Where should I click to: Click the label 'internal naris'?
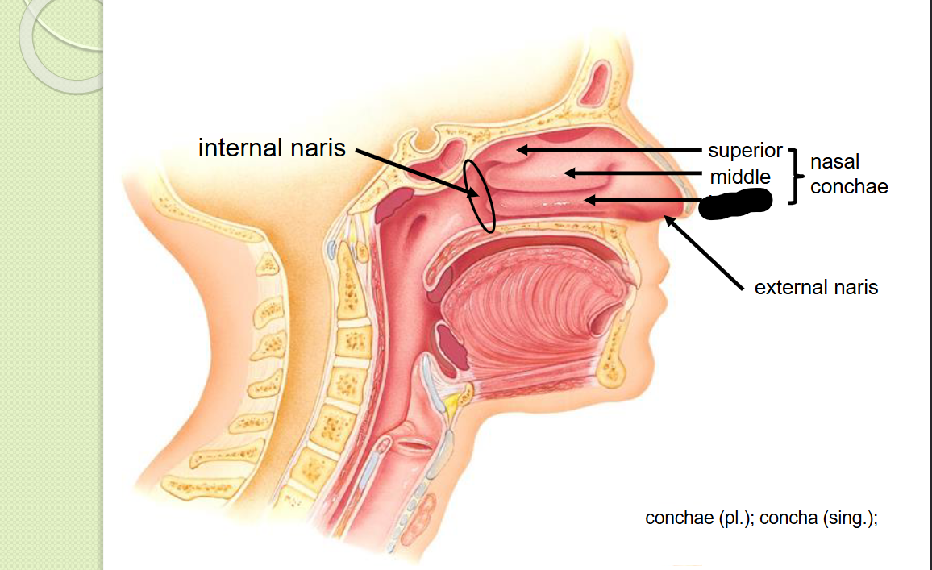pos(272,148)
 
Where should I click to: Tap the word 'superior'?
pos(745,151)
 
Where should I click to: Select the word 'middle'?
pos(740,177)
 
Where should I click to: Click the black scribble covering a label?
pos(734,203)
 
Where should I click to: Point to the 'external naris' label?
pos(816,287)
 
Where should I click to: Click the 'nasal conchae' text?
pos(848,174)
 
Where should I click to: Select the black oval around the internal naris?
pos(478,196)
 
